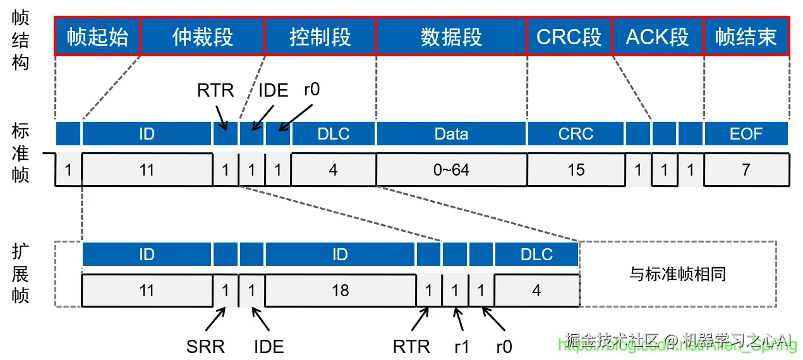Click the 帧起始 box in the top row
[x=97, y=37]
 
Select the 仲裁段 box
[x=202, y=37]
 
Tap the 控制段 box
[x=320, y=37]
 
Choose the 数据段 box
[x=451, y=37]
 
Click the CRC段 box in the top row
[x=569, y=37]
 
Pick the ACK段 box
[x=657, y=37]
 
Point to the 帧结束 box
[x=746, y=37]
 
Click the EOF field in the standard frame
[x=746, y=134]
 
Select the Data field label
[x=451, y=134]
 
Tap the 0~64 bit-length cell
[x=451, y=170]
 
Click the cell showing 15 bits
[x=576, y=170]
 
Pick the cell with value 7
[x=746, y=170]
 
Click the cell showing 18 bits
[x=340, y=291]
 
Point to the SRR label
[x=205, y=346]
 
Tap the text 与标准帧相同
[x=677, y=274]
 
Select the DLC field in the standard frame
[x=333, y=134]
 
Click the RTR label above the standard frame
[x=215, y=90]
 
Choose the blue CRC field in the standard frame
[x=576, y=134]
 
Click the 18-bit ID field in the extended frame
[x=340, y=255]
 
